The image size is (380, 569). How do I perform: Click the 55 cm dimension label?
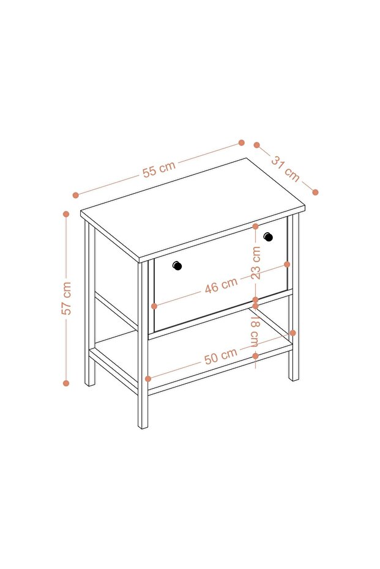pyautogui.click(x=159, y=169)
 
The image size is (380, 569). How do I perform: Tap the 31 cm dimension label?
pyautogui.click(x=286, y=169)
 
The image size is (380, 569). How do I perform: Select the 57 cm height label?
pyautogui.click(x=67, y=298)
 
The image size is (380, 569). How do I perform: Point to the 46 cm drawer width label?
pyautogui.click(x=221, y=285)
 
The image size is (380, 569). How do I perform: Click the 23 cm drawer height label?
pyautogui.click(x=256, y=263)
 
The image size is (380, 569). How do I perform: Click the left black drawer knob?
pyautogui.click(x=177, y=266)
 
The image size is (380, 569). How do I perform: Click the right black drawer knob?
pyautogui.click(x=268, y=237)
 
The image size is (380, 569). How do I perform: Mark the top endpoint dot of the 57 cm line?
pyautogui.click(x=66, y=214)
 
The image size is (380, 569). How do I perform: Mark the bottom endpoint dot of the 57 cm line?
pyautogui.click(x=66, y=383)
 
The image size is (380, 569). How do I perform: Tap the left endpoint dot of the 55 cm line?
pyautogui.click(x=75, y=195)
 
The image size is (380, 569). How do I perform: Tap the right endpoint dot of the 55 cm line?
pyautogui.click(x=241, y=142)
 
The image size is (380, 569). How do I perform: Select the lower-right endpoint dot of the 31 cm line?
pyautogui.click(x=315, y=192)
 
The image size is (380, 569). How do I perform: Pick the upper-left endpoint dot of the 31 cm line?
pyautogui.click(x=257, y=145)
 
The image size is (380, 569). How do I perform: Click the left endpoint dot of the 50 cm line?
pyautogui.click(x=148, y=379)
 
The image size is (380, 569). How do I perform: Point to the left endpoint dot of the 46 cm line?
pyautogui.click(x=154, y=306)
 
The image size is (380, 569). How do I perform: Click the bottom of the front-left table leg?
pyautogui.click(x=143, y=427)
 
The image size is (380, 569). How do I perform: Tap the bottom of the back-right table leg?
pyautogui.click(x=294, y=378)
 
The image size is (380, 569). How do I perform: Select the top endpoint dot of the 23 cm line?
pyautogui.click(x=255, y=226)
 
